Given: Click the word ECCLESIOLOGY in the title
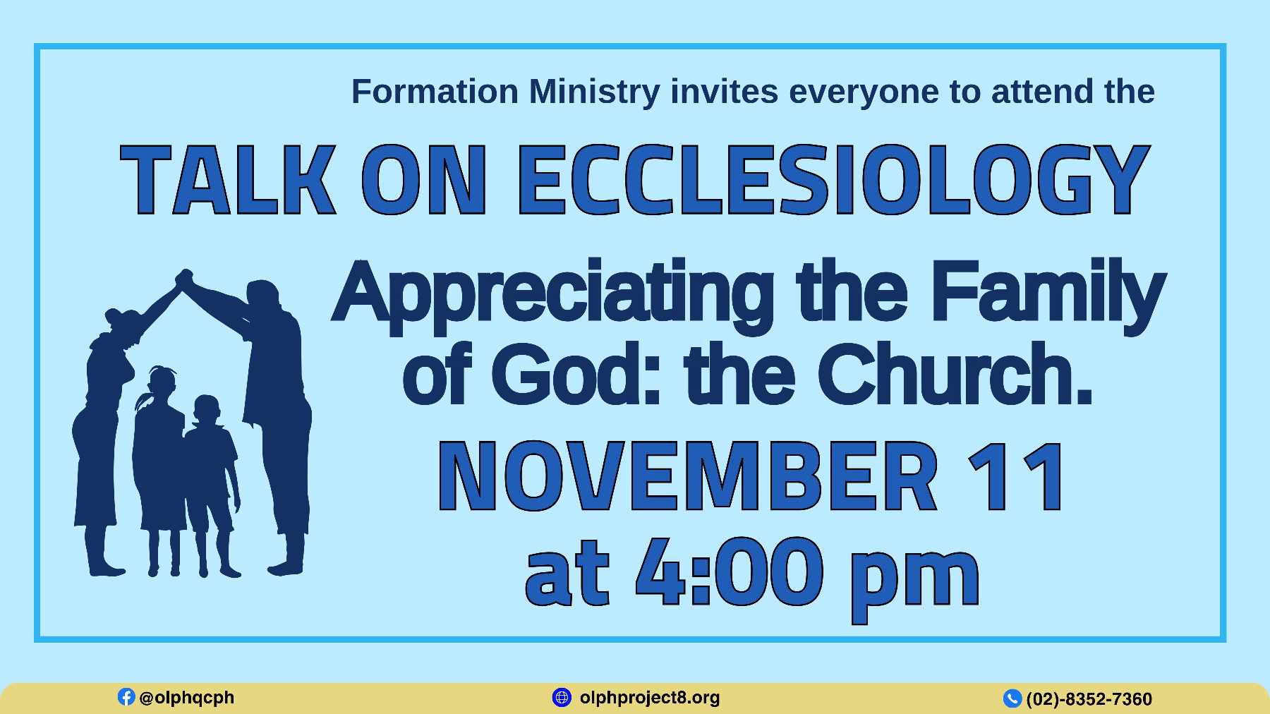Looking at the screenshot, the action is [834, 179].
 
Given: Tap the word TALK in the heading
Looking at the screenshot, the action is [228, 179].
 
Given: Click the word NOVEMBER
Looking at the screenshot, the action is [688, 476].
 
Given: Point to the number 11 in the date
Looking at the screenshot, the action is [1016, 476].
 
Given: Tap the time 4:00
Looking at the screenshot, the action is [730, 571].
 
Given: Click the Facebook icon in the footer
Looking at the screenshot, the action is [126, 697].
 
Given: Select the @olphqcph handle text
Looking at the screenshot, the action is [187, 698].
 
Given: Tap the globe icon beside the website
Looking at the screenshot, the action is [562, 697].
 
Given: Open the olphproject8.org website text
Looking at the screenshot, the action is [650, 698].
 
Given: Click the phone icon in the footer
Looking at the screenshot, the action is [1012, 698].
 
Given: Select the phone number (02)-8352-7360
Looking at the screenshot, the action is [1089, 699].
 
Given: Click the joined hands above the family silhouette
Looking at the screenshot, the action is [185, 278].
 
